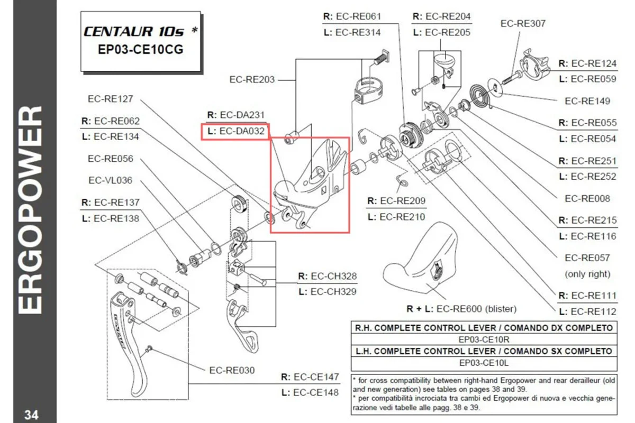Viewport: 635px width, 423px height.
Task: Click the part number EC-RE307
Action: tap(523, 23)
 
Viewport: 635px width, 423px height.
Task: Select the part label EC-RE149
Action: tap(587, 101)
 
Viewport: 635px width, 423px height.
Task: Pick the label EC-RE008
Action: tap(587, 198)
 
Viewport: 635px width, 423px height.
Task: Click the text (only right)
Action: tap(587, 274)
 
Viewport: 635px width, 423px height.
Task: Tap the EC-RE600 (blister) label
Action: tap(461, 308)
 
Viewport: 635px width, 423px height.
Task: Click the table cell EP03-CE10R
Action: tap(484, 339)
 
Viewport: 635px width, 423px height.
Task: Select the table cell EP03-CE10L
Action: tap(484, 363)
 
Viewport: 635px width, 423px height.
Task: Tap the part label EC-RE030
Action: tap(232, 370)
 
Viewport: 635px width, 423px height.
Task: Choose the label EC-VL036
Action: tap(110, 180)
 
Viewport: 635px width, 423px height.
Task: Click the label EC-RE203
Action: tap(252, 80)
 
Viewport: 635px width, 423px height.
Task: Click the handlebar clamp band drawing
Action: tap(367, 87)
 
